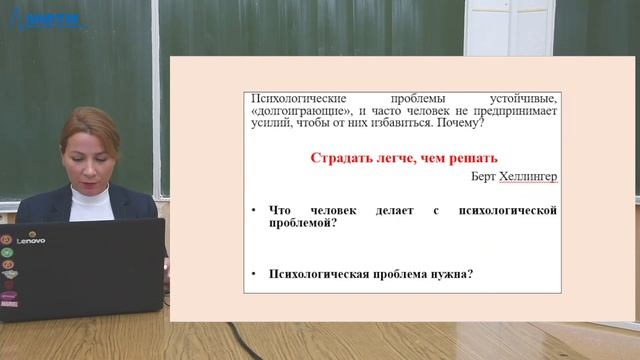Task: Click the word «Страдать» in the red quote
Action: point(340,158)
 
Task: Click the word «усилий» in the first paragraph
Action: point(267,124)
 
